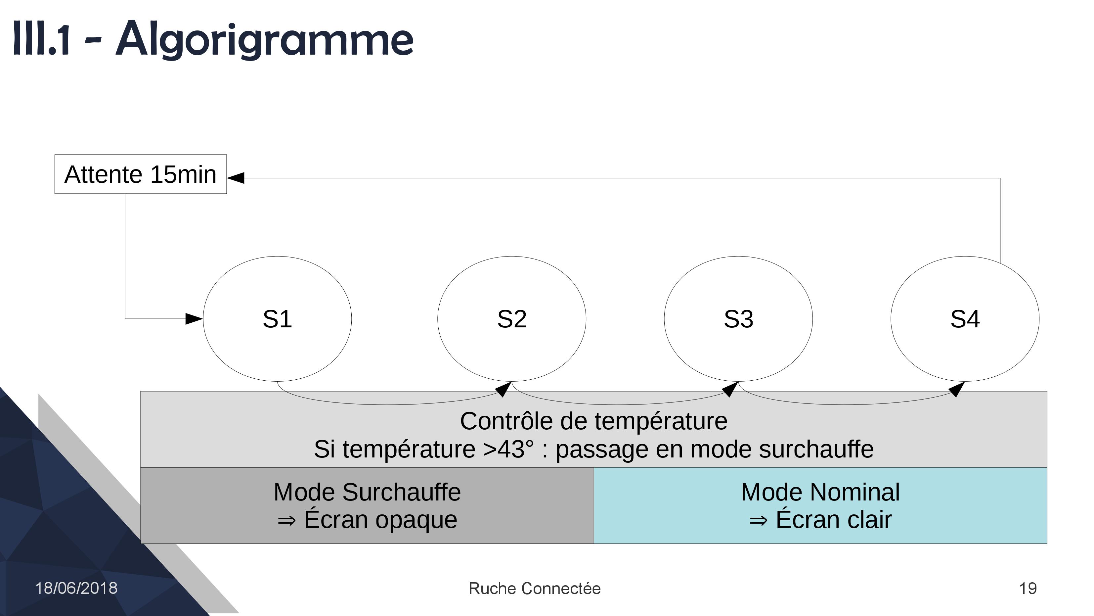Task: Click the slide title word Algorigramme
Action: click(x=264, y=39)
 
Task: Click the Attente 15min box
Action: click(x=141, y=174)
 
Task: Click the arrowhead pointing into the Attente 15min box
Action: click(x=236, y=178)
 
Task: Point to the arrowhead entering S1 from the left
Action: click(x=194, y=319)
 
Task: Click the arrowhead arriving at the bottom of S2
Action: click(x=504, y=389)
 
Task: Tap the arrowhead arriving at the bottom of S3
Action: click(x=730, y=389)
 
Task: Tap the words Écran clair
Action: click(x=834, y=519)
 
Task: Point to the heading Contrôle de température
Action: click(x=594, y=421)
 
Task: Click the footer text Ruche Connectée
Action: click(x=535, y=589)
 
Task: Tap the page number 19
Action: click(x=1028, y=589)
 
